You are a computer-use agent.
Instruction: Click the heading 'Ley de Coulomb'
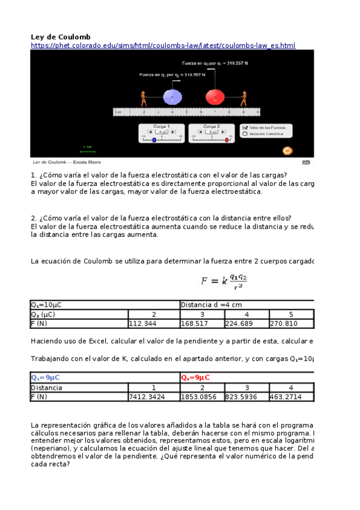tap(61, 37)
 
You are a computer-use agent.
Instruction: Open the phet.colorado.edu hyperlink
tap(162, 46)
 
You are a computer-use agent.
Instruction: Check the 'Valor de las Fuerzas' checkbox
tap(245, 127)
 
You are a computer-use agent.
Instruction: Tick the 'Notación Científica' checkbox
tap(245, 134)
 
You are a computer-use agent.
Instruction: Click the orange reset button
tap(288, 150)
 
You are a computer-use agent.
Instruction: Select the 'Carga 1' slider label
tap(162, 127)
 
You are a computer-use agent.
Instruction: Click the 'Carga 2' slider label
tap(212, 127)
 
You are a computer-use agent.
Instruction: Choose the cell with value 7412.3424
tap(147, 397)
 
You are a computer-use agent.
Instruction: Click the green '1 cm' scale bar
tap(87, 149)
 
